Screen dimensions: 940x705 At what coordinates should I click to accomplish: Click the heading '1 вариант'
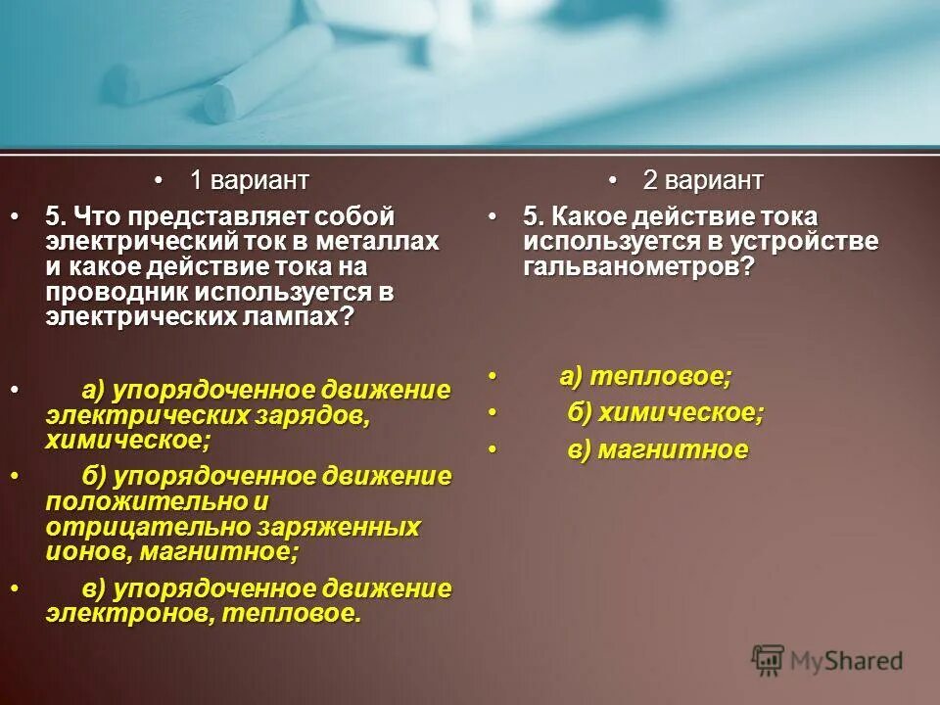pos(249,180)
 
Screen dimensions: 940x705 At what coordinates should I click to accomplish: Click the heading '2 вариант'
pos(702,181)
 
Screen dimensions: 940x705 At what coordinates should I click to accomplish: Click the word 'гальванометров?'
pos(639,267)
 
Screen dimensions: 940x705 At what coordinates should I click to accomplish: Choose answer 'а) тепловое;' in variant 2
pos(645,376)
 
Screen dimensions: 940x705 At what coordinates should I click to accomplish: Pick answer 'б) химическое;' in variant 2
pos(666,413)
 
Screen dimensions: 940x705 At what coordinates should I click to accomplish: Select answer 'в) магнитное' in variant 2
pos(658,450)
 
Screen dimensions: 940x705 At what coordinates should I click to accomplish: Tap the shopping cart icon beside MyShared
pos(769,660)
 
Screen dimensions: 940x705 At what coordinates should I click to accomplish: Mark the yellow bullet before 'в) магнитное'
pos(493,450)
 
